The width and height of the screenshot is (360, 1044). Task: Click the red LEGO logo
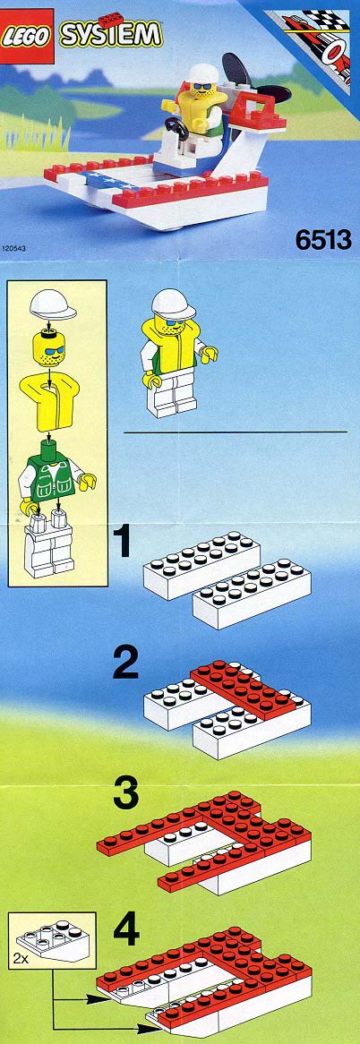pos(27,36)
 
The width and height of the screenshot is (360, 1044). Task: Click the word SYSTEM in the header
pos(111,34)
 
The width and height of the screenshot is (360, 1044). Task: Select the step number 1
pos(121,541)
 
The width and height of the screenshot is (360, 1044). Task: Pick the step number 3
pos(125,791)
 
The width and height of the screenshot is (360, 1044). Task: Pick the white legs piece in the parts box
pos(48,543)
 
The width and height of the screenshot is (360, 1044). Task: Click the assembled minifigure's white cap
pos(173,304)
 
